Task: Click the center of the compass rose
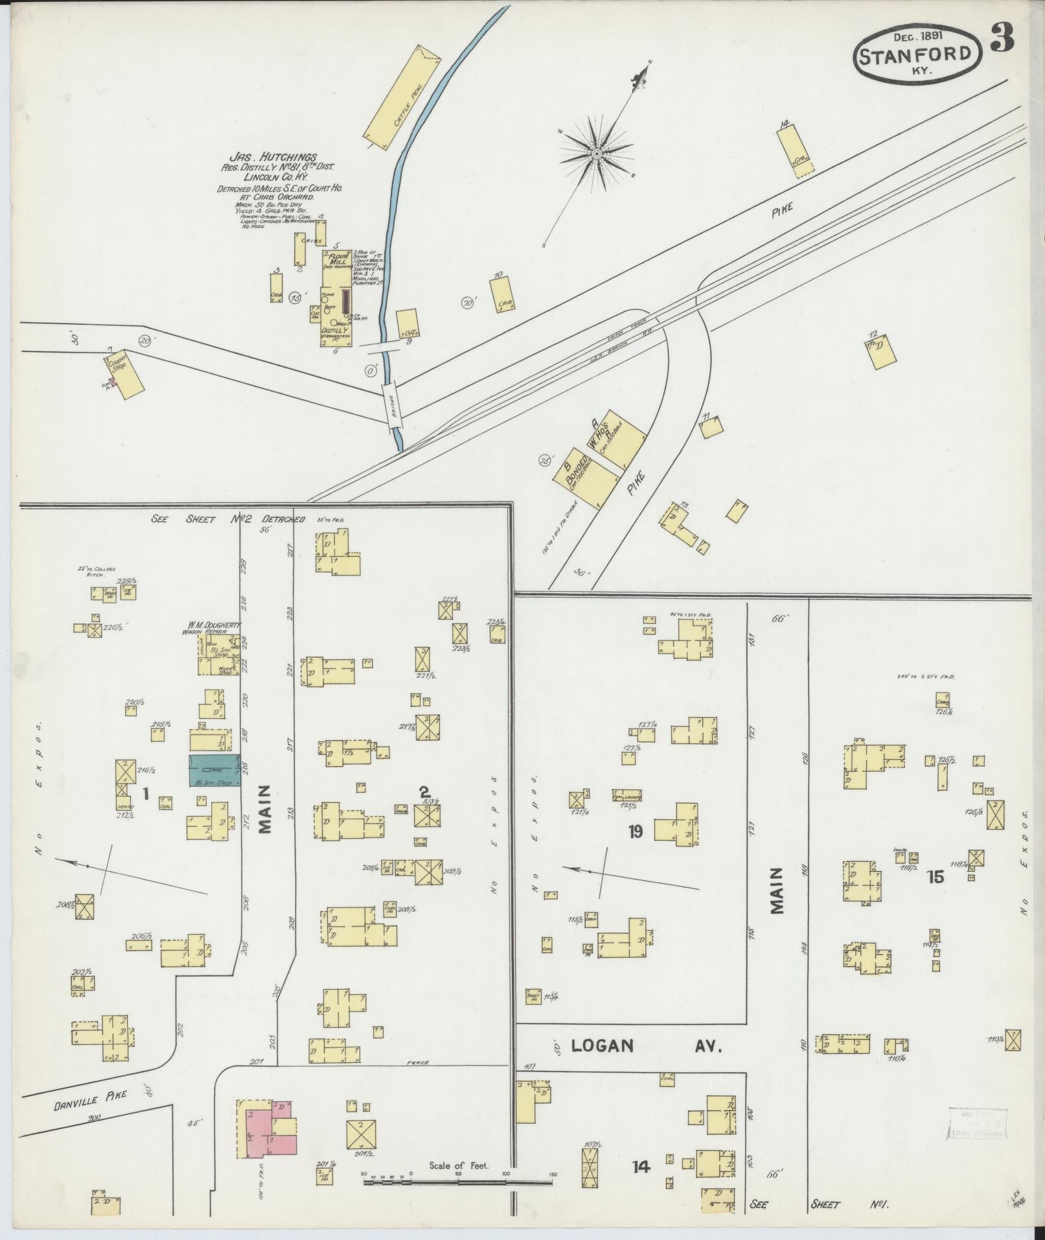click(596, 154)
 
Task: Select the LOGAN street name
click(602, 1046)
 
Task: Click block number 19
click(635, 831)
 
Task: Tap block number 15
click(935, 876)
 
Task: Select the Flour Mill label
click(338, 260)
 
